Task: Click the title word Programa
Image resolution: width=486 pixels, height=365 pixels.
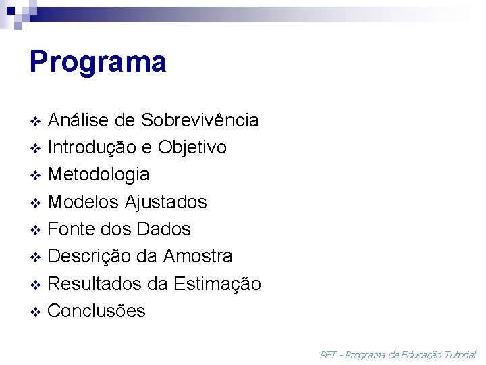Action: tap(98, 62)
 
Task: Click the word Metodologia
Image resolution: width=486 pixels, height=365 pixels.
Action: tap(99, 174)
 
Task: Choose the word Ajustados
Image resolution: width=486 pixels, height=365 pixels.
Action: tap(166, 202)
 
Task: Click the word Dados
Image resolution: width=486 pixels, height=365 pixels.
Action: tap(164, 229)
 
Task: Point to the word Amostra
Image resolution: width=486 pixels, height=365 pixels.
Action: tap(197, 257)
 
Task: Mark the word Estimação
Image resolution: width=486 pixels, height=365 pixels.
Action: tap(217, 284)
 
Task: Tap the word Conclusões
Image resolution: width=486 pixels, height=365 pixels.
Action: tap(97, 311)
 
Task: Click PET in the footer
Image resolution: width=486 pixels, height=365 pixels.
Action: tap(328, 354)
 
